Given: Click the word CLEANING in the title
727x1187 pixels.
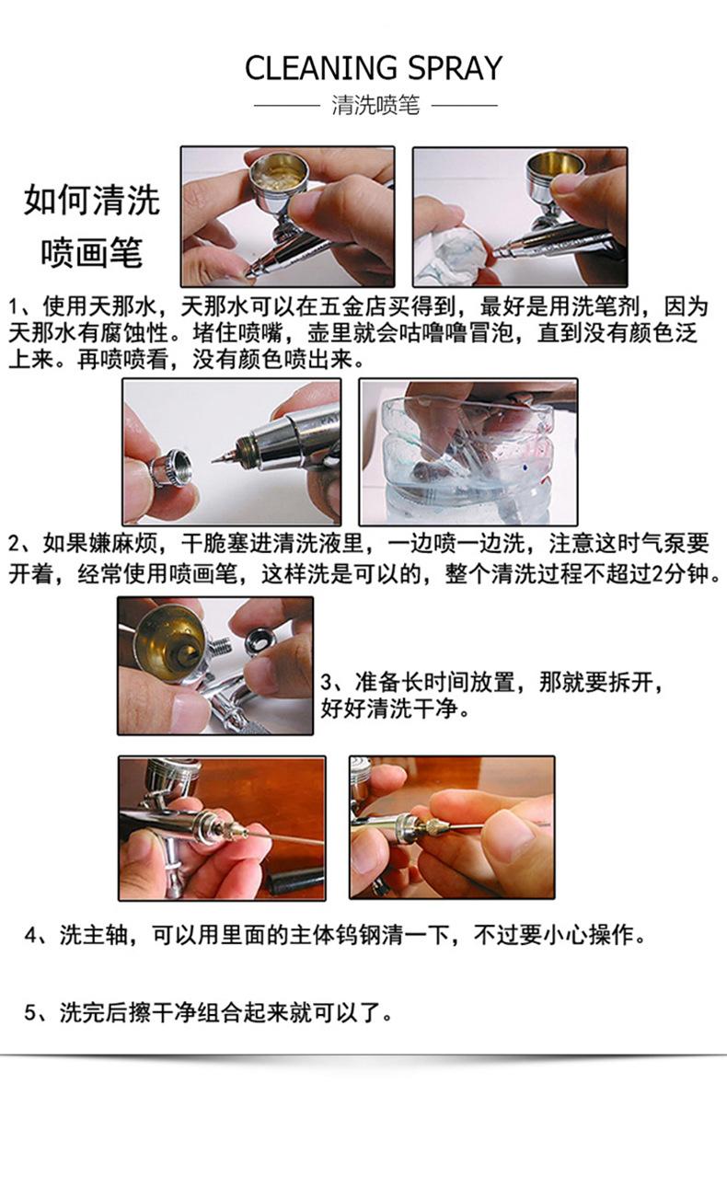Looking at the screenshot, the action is (x=320, y=68).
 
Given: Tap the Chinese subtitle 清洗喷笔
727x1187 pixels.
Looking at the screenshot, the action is (x=375, y=105).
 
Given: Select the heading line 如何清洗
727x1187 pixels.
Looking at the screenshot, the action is (x=92, y=201).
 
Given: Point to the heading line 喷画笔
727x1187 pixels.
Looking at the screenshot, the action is (x=92, y=252).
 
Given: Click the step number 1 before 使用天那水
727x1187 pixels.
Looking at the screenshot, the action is (x=14, y=307).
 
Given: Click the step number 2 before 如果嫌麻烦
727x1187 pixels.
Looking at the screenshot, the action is (x=15, y=544).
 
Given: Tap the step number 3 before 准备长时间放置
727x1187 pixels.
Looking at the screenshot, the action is (x=327, y=682).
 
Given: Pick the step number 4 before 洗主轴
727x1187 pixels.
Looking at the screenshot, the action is (x=30, y=936).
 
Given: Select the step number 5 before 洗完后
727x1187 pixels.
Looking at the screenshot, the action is (x=30, y=1013).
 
